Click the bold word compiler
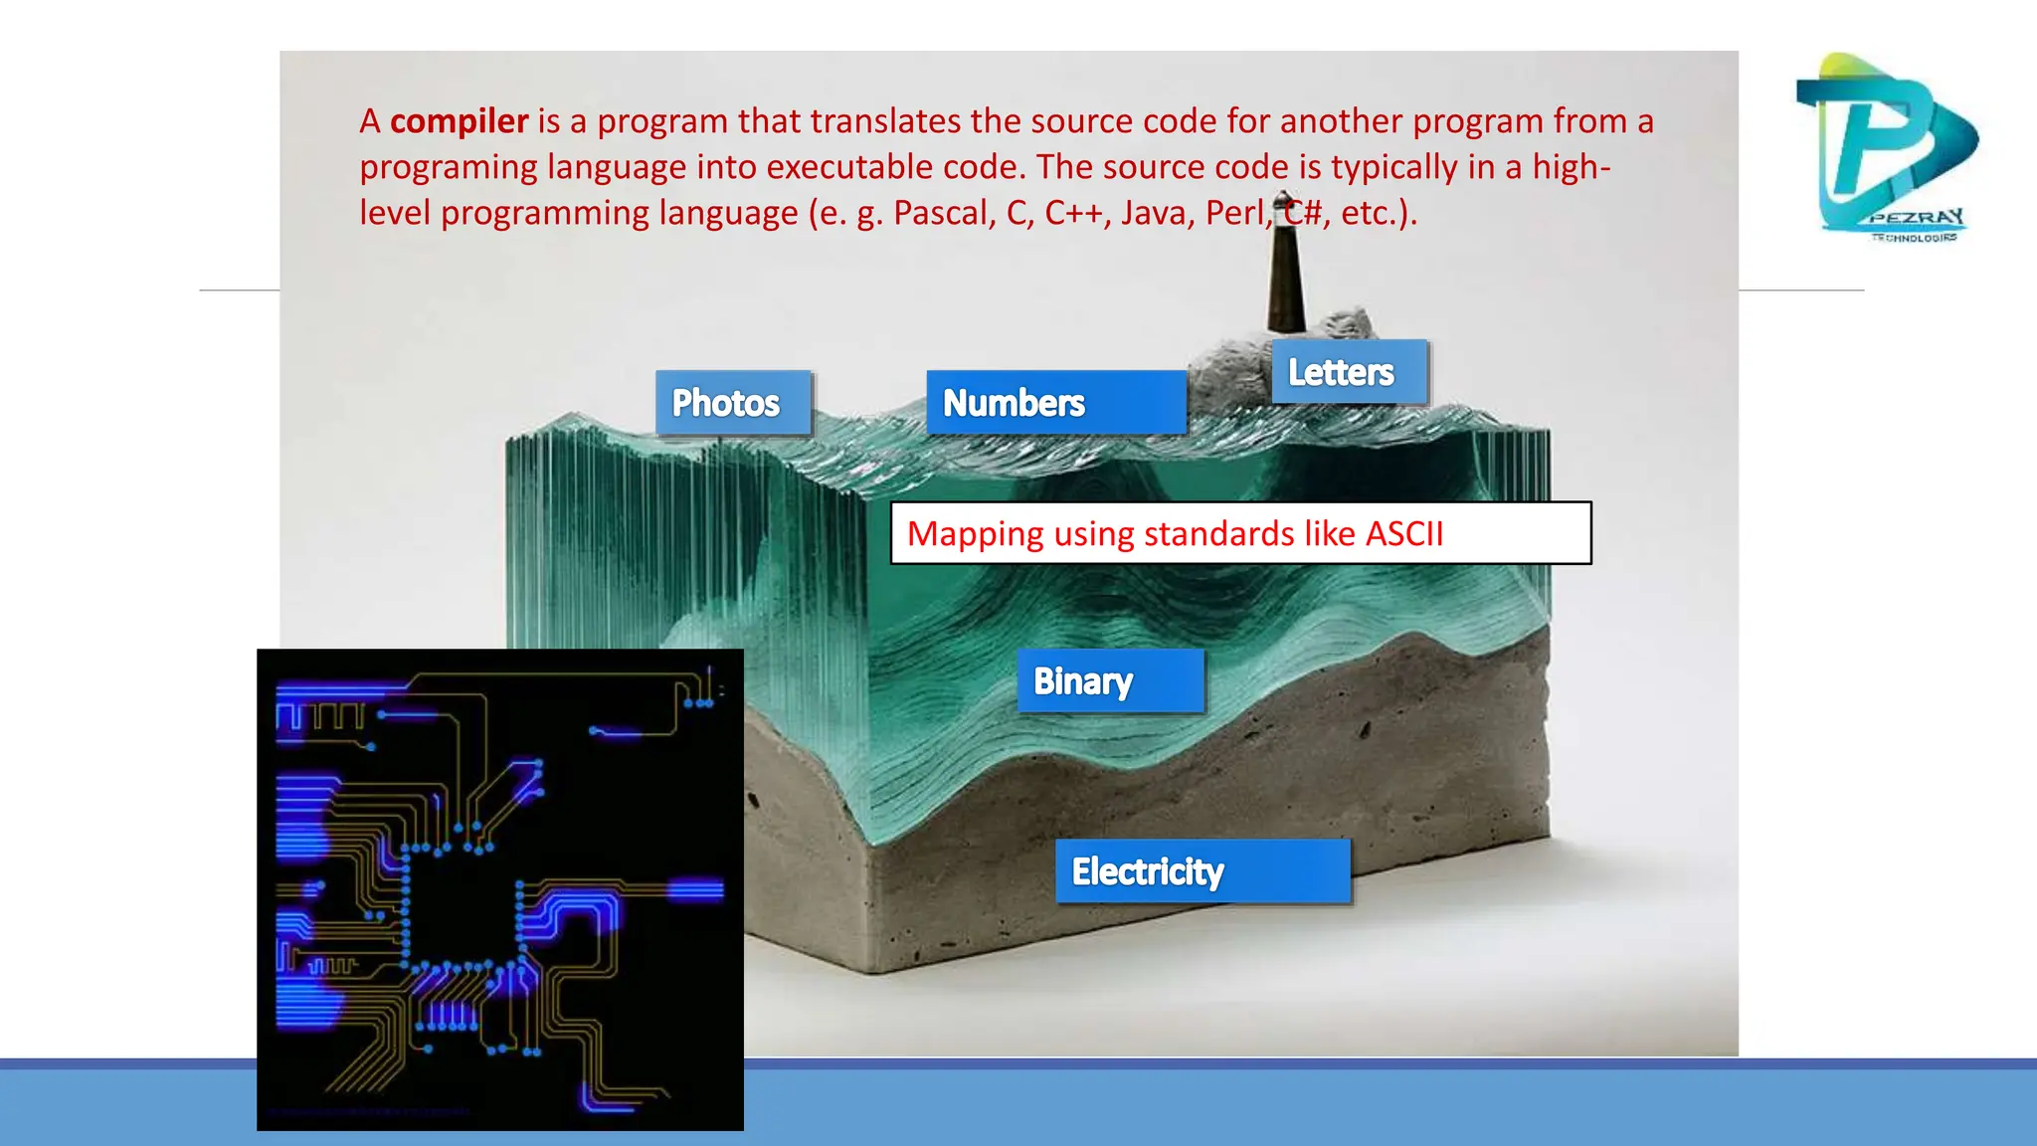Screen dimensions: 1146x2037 click(x=459, y=121)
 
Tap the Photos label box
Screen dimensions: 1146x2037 click(x=733, y=403)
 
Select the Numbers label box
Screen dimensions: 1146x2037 click(x=1055, y=403)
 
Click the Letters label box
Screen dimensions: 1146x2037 click(x=1349, y=372)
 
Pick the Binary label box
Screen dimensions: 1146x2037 click(x=1110, y=681)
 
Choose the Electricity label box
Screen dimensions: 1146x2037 click(x=1202, y=871)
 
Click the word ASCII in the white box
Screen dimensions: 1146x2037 click(x=1403, y=534)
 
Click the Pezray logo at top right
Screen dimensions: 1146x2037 click(x=1886, y=147)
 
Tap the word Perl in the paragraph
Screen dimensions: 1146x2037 click(x=1236, y=213)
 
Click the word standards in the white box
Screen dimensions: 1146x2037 click(x=1219, y=534)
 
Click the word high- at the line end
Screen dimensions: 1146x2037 click(x=1571, y=167)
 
